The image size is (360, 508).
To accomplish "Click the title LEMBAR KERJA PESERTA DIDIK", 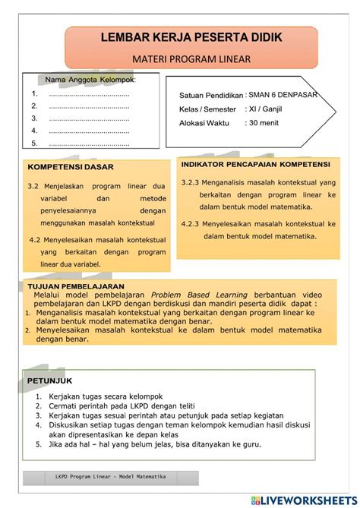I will [x=179, y=37].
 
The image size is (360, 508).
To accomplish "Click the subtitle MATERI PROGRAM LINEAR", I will [x=180, y=58].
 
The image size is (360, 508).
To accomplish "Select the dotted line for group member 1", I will [x=89, y=94].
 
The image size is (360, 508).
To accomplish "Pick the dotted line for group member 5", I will [x=89, y=142].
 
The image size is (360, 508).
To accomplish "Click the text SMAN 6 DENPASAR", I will [x=283, y=95].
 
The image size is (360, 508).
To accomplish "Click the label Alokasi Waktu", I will [x=204, y=123].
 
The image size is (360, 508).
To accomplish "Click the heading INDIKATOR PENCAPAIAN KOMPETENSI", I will [x=255, y=164].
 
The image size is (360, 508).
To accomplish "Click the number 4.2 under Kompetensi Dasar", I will [x=34, y=239].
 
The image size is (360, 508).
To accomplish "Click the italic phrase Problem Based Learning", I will [x=199, y=295].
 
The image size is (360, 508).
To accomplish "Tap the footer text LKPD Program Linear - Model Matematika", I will [x=111, y=477].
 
